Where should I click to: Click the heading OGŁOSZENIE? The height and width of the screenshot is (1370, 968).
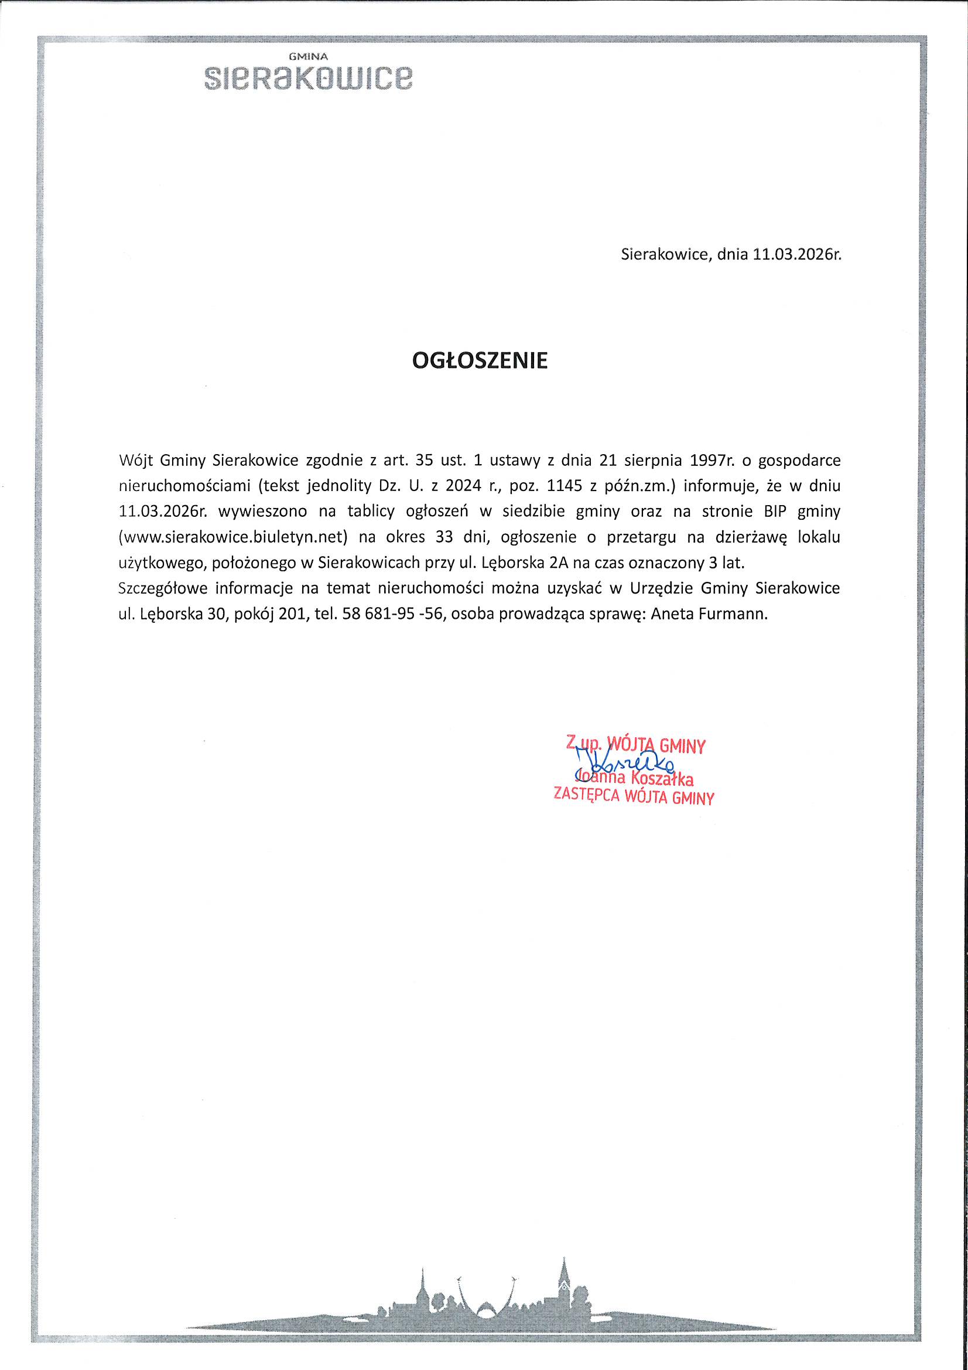(480, 360)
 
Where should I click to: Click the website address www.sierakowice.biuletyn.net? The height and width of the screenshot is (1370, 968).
(233, 537)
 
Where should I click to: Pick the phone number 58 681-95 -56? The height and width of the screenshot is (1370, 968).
(392, 614)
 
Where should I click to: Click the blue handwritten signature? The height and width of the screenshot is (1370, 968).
(623, 762)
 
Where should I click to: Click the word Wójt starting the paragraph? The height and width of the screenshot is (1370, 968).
(135, 460)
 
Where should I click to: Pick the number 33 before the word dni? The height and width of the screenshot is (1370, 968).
(444, 537)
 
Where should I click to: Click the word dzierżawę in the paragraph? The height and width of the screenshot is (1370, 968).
(749, 537)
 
